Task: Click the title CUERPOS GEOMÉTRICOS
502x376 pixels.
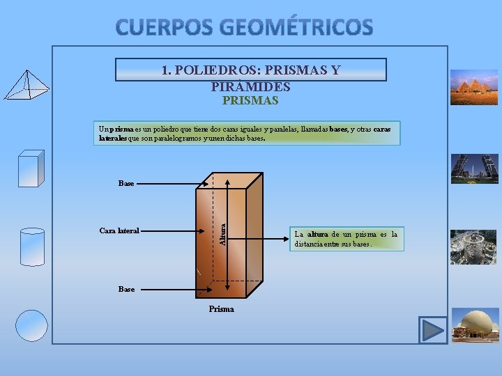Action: [244, 27]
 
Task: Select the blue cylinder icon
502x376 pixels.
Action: [32, 246]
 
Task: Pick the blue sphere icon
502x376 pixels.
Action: [32, 325]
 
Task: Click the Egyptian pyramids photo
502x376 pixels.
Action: [474, 87]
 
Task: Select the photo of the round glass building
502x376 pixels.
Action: [474, 247]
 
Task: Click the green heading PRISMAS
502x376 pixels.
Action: [250, 101]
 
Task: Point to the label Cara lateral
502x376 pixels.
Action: [119, 230]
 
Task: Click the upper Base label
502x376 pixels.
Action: [126, 184]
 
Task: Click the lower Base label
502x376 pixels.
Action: [126, 289]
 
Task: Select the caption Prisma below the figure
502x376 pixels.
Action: [222, 309]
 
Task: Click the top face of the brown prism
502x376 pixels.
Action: [230, 180]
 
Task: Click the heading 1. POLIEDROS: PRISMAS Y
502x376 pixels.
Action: [250, 70]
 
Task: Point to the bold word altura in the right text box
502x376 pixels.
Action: [318, 235]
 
